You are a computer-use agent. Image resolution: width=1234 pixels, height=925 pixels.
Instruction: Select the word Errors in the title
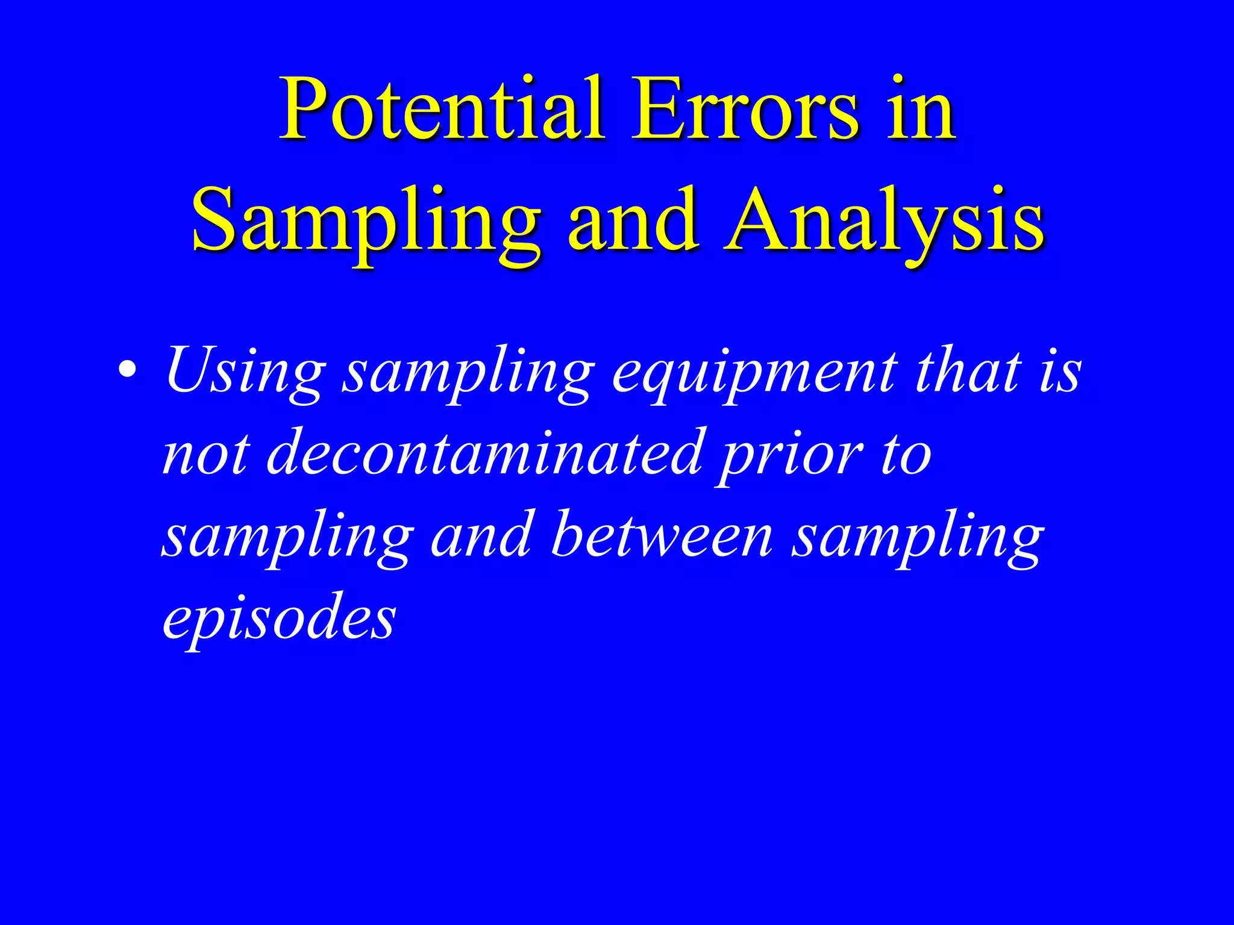pos(744,110)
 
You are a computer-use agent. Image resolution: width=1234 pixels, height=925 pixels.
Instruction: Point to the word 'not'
pos(205,455)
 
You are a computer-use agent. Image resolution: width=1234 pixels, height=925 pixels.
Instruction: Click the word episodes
pos(279,620)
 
